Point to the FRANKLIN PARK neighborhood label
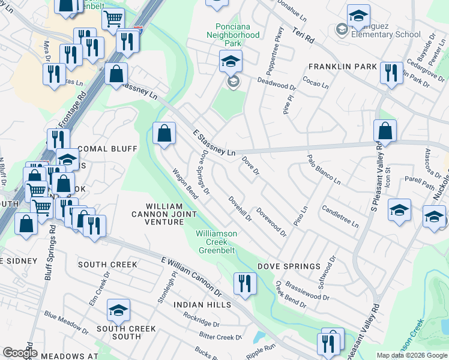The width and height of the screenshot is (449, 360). point(343,67)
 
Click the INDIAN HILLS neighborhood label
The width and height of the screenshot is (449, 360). point(202,305)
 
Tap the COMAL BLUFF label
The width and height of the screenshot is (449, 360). point(108,149)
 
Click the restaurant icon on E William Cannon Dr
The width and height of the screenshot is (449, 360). point(244,283)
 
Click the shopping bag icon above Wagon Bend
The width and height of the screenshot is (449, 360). point(164,134)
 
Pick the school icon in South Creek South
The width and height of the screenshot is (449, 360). point(119,310)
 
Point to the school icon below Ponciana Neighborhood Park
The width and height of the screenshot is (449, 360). point(231,62)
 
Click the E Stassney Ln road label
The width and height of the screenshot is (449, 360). point(214,143)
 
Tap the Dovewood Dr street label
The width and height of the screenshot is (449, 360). point(271,221)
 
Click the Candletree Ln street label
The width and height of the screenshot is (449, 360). point(340,217)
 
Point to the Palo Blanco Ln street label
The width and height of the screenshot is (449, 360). point(324,170)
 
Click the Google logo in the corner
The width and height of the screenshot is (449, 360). point(20,353)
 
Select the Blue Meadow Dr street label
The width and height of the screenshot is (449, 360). point(66,324)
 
